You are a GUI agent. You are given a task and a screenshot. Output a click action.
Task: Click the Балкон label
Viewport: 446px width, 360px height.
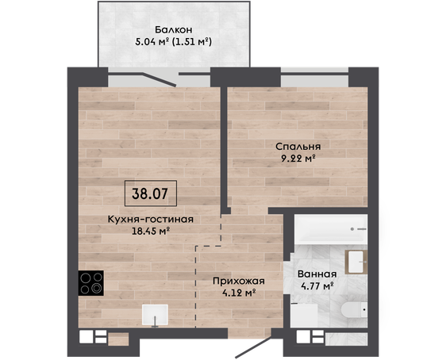click(174, 29)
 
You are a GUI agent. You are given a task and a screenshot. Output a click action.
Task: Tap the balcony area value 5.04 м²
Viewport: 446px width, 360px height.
click(152, 42)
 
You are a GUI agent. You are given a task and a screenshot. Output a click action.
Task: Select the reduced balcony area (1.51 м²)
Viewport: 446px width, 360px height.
click(193, 42)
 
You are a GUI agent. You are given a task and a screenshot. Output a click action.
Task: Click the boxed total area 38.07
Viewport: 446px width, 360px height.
click(151, 193)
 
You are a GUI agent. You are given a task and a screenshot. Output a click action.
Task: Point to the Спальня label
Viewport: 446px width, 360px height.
click(298, 147)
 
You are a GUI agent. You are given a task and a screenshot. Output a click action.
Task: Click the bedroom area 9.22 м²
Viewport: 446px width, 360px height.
click(298, 159)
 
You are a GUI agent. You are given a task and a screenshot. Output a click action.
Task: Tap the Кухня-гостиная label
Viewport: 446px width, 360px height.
click(151, 220)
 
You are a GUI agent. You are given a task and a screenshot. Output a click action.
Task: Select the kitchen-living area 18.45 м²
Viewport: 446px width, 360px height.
click(151, 232)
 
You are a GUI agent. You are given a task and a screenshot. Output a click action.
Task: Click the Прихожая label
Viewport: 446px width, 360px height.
click(239, 281)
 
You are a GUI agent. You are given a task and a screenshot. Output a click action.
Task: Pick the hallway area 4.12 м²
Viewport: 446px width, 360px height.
click(239, 293)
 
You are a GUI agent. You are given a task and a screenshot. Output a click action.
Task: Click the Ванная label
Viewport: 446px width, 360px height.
click(317, 274)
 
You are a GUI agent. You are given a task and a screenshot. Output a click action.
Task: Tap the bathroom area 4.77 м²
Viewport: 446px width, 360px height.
click(317, 285)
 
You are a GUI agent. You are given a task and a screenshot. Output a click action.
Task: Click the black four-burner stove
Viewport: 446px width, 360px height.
click(91, 283)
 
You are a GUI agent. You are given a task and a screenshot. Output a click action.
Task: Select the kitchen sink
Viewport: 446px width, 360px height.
click(155, 315)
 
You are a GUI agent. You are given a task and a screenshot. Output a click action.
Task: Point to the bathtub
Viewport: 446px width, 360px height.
click(331, 229)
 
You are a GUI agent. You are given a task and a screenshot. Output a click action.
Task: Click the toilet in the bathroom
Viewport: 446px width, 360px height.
click(354, 310)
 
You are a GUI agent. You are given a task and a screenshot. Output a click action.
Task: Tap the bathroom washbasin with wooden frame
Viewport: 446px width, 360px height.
click(356, 262)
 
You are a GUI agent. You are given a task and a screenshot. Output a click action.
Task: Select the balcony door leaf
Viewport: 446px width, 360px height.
click(160, 79)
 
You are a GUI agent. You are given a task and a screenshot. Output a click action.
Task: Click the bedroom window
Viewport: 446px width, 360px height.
click(314, 74)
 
